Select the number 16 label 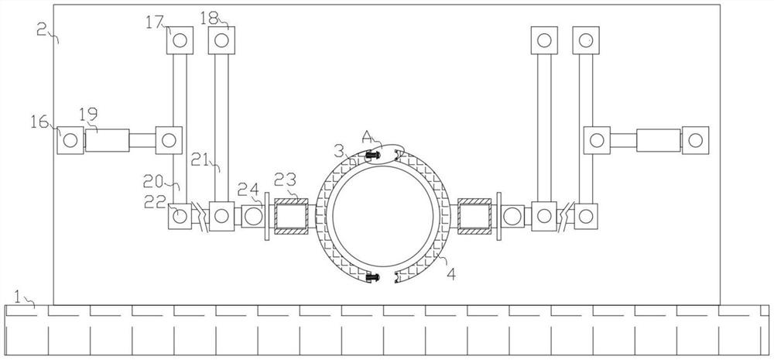pyautogui.click(x=39, y=121)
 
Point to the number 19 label pyautogui.click(x=88, y=114)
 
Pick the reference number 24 pyautogui.click(x=246, y=189)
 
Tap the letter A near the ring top pyautogui.click(x=368, y=136)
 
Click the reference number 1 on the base pyautogui.click(x=18, y=297)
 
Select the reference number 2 pyautogui.click(x=42, y=29)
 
